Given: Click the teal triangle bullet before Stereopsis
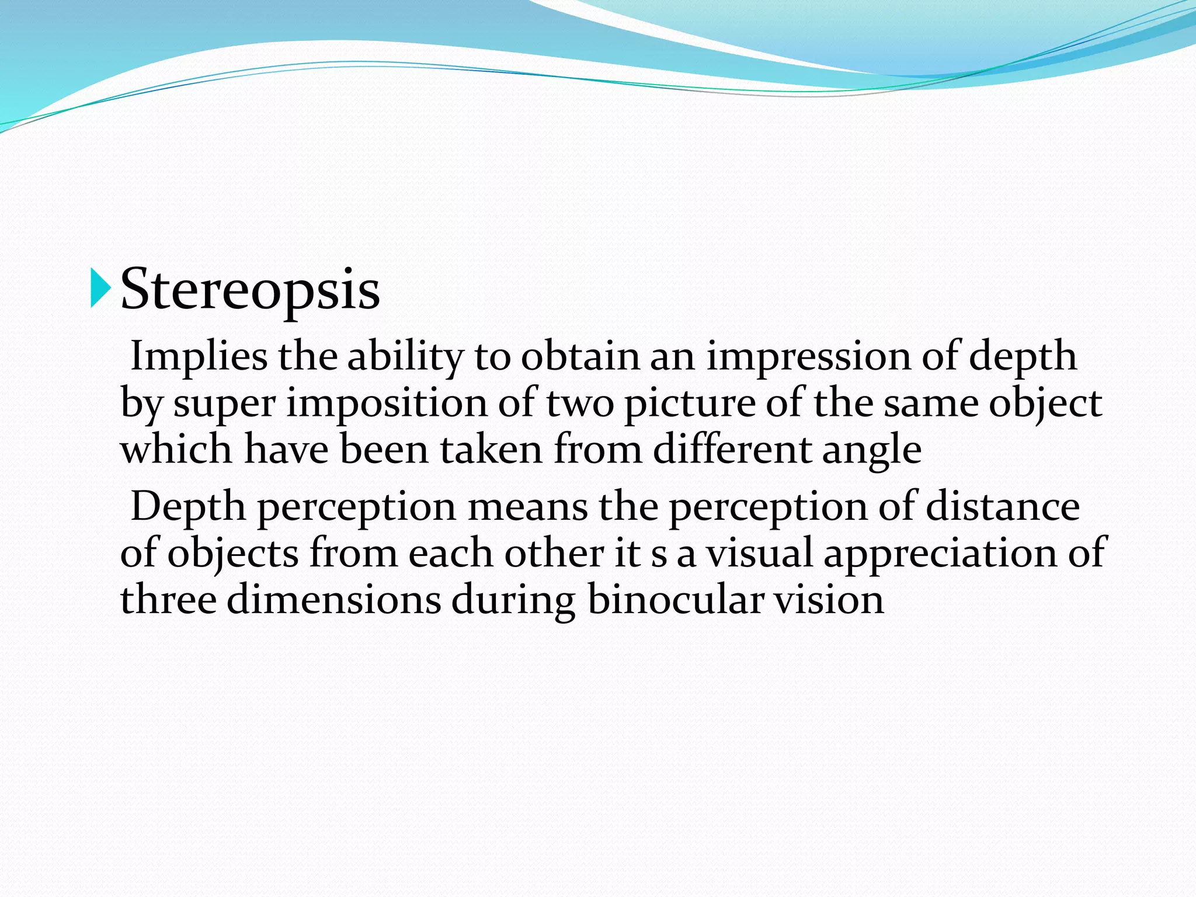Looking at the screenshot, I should click(100, 288).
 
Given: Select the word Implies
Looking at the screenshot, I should click(199, 357).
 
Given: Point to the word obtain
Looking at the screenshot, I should click(580, 356).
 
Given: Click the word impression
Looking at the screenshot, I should click(808, 357).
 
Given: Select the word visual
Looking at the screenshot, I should click(759, 553).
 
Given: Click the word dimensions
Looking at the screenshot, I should click(333, 600).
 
